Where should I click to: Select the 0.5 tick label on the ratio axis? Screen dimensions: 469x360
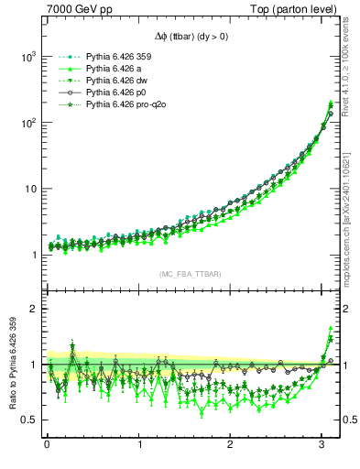tap(26, 420)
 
